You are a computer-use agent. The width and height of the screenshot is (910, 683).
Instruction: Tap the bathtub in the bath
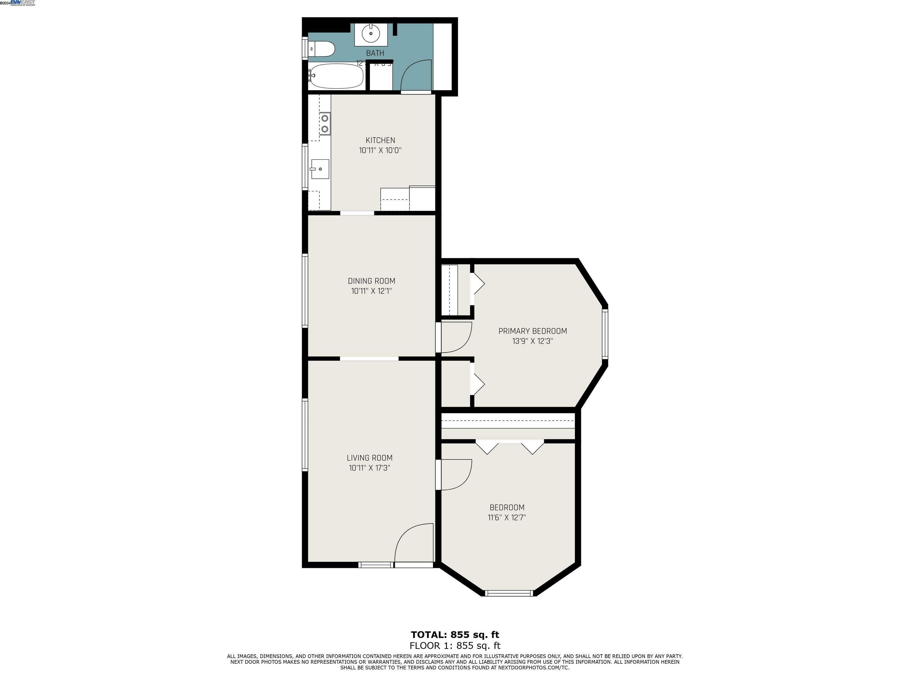pyautogui.click(x=337, y=76)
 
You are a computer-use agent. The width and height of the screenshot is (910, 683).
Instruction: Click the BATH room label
pyautogui.click(x=375, y=53)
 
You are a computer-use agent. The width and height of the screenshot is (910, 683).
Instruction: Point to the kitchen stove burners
pyautogui.click(x=325, y=124)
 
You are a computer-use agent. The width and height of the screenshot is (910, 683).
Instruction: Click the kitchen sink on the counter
pyautogui.click(x=320, y=169)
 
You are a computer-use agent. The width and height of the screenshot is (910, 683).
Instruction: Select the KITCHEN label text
pyautogui.click(x=380, y=141)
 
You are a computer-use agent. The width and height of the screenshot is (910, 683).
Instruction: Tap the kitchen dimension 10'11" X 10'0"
pyautogui.click(x=380, y=150)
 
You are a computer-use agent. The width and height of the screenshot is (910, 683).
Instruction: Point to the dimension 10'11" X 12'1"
pyautogui.click(x=371, y=291)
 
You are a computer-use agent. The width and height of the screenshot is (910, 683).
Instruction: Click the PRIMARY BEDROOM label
pyautogui.click(x=532, y=331)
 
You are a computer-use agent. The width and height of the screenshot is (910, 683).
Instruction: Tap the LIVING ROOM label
pyautogui.click(x=369, y=458)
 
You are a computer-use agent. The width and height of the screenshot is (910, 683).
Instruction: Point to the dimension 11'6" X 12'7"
pyautogui.click(x=507, y=518)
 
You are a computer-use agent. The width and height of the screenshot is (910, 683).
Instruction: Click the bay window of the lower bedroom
pyautogui.click(x=509, y=593)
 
